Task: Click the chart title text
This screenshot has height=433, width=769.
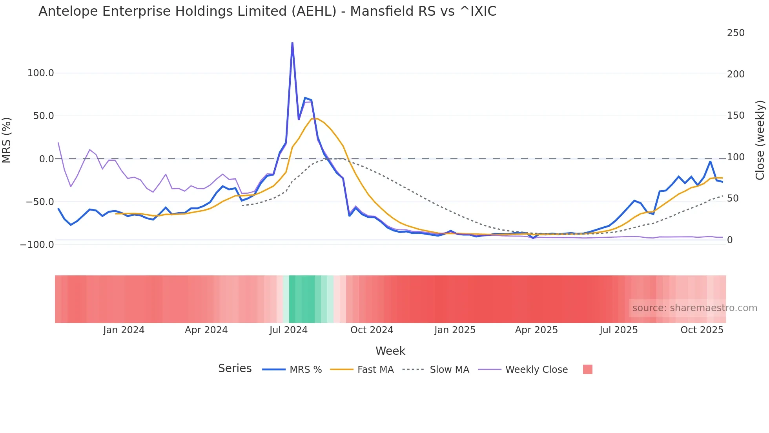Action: pos(267,11)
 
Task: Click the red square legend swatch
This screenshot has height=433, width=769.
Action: pos(587,369)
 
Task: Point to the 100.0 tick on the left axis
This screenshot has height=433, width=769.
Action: pos(40,73)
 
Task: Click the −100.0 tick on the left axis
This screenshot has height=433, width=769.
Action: pos(37,245)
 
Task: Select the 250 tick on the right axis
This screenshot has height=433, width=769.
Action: pos(735,33)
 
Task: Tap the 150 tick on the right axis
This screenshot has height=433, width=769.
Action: pos(735,116)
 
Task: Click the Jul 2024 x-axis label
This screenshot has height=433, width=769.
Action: pos(288,330)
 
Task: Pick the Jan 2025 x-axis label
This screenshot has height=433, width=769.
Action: pos(455,330)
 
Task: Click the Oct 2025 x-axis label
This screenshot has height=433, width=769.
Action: pos(702,330)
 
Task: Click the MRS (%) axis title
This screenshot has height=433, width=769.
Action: pos(7,140)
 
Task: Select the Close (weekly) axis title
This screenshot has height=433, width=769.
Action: pos(760,140)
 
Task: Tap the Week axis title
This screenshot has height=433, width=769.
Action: pos(390,351)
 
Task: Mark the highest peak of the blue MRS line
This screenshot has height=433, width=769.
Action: pos(292,43)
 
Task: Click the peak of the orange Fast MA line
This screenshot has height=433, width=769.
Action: pos(314,119)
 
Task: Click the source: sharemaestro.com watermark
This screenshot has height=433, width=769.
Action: pos(694,308)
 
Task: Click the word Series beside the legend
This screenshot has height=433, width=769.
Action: pos(235,369)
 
